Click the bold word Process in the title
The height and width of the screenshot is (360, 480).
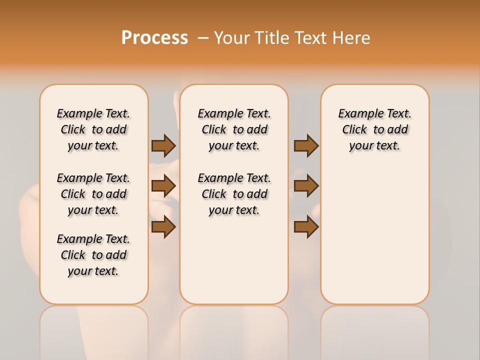pos(154,38)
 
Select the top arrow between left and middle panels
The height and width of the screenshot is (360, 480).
pos(163,145)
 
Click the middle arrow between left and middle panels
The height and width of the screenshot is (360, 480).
pos(163,186)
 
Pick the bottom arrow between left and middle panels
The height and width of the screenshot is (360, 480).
pos(163,226)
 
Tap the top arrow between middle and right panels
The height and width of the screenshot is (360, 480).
pos(306,145)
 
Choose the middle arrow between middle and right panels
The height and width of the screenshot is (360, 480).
pos(306,186)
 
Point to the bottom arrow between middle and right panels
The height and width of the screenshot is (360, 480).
pos(306,226)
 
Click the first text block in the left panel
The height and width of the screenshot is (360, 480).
pos(93,129)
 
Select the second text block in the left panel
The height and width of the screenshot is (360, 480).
pos(93,194)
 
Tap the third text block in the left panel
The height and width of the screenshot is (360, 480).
pos(93,255)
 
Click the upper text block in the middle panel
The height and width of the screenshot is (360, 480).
pos(234,129)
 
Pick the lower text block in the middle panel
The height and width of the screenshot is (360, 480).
pos(234,194)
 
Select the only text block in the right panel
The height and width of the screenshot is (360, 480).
pos(374,129)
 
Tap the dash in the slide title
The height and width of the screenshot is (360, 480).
pos(203,38)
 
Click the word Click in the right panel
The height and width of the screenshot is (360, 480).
pos(354,130)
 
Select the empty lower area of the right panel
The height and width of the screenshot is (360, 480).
pos(374,230)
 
